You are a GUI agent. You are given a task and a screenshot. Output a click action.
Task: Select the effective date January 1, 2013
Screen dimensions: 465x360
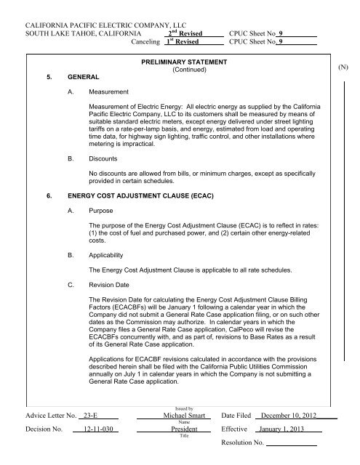click(288, 449)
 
